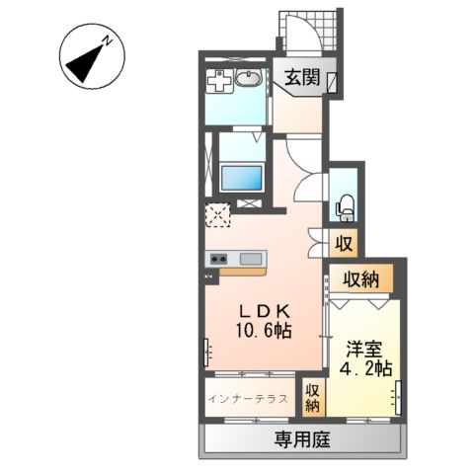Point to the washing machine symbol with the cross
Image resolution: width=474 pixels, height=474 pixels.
point(219,82)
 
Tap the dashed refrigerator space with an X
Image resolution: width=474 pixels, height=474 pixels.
point(217,214)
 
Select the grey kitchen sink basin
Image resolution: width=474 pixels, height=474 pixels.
point(250,259)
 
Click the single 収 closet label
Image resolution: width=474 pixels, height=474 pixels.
point(344,242)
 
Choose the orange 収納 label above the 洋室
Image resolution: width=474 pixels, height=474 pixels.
point(360,279)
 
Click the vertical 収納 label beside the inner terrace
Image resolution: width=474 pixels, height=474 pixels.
point(312,398)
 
